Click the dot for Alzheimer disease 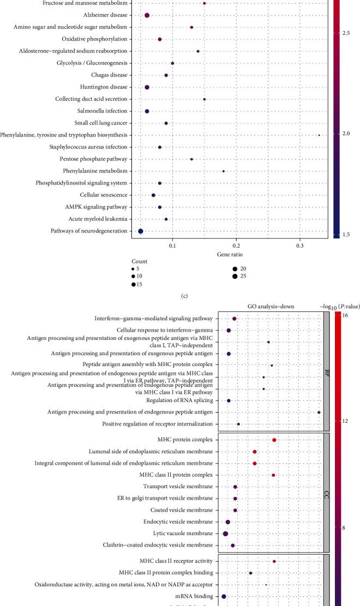point(147,15)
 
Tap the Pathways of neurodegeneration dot point(141,231)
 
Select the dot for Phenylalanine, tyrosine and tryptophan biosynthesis point(319,135)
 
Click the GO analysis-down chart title point(269,307)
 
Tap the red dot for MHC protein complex point(274,440)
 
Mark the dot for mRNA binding point(224,597)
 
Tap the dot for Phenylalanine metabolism point(224,171)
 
